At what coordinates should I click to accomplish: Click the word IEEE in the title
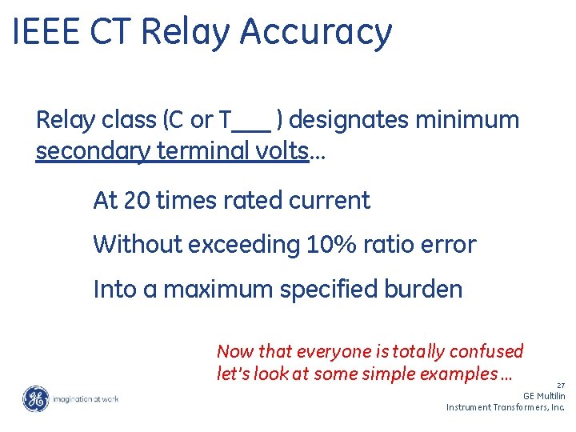[46, 32]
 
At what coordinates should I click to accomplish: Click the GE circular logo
[35, 398]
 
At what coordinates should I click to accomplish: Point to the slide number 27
[560, 385]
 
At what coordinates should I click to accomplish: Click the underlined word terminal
[225, 150]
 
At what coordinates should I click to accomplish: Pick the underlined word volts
[286, 150]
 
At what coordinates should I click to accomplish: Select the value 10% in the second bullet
[330, 244]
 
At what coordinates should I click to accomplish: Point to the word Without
[137, 244]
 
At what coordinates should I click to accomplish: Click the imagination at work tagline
[86, 398]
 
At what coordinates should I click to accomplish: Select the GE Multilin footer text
[544, 396]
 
